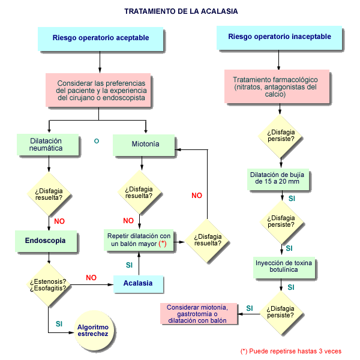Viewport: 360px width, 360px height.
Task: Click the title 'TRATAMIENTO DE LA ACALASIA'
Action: click(x=180, y=11)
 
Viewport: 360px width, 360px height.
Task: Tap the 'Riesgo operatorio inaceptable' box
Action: click(x=280, y=38)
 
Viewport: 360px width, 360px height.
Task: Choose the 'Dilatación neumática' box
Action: click(x=46, y=145)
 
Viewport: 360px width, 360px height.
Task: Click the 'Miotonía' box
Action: click(x=145, y=145)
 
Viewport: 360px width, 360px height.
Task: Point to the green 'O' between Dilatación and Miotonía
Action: click(x=96, y=141)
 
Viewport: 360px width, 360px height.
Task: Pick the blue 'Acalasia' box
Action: click(x=138, y=283)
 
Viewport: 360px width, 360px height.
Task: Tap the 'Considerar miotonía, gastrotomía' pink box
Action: click(x=197, y=313)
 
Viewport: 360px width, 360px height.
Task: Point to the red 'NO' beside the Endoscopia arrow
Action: click(x=59, y=221)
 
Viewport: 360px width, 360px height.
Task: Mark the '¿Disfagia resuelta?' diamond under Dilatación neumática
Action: click(x=49, y=193)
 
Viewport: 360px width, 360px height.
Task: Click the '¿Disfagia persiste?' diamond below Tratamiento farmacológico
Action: click(x=281, y=136)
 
